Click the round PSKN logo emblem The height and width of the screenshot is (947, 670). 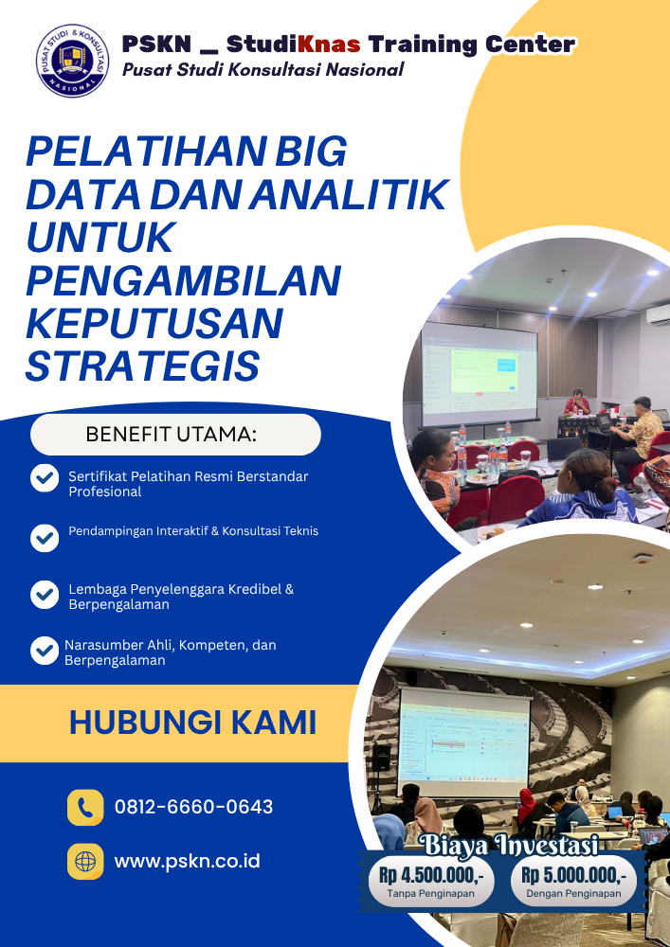coord(73,61)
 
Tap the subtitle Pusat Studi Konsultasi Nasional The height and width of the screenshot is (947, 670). coord(263,70)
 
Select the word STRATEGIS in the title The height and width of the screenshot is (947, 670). coord(142,366)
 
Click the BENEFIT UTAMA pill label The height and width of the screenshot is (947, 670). coord(175,435)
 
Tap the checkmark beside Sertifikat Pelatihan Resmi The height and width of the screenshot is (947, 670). coord(45,478)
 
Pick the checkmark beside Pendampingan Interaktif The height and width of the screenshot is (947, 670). coord(45,538)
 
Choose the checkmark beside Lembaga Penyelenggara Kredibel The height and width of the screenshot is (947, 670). coord(45,595)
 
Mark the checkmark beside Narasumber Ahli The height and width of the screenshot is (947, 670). coord(45,652)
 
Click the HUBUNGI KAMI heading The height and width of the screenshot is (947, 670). coord(192,723)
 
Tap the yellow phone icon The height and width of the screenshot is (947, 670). coord(85,808)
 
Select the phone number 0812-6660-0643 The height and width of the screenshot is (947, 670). coord(194,807)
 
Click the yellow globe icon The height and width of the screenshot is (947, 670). coord(85,861)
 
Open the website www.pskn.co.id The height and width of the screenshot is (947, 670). coord(188,861)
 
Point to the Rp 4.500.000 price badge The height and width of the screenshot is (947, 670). coord(431,881)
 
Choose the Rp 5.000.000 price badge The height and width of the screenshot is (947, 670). coord(574,881)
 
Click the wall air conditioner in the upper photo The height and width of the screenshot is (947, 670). coord(658,313)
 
